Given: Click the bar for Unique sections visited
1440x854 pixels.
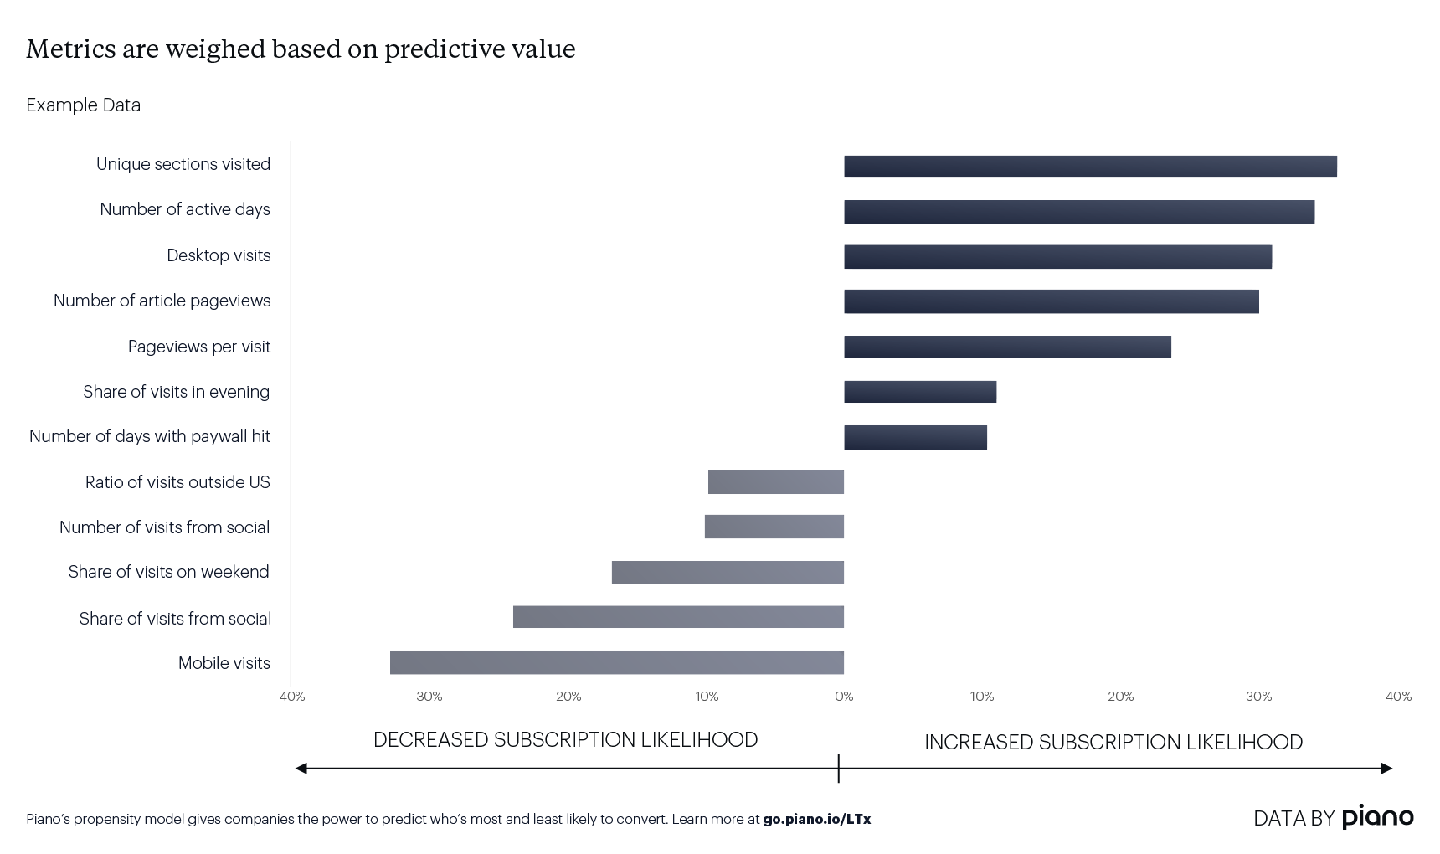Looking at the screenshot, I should point(1090,167).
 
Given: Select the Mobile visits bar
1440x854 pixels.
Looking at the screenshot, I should point(617,662).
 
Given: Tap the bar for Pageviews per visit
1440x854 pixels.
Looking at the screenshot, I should point(1007,347).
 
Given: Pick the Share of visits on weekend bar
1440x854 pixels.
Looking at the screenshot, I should point(728,572).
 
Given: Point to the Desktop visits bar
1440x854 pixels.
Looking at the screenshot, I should point(1057,257).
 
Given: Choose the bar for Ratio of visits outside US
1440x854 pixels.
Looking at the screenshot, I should point(776,482).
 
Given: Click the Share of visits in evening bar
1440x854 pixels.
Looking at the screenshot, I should point(920,392).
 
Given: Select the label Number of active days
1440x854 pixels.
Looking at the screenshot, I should point(185,209).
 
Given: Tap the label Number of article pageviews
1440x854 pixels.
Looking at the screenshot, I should point(162,301).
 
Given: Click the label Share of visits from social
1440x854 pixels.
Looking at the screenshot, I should point(175,619).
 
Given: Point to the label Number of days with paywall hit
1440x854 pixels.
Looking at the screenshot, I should point(150,436).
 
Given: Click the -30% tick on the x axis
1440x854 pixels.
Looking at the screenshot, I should point(427,697).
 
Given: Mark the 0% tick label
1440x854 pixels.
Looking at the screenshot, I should point(844,697).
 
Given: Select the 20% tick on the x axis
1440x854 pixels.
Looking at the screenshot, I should point(1120,697).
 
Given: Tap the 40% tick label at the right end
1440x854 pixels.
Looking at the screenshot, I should point(1398,697).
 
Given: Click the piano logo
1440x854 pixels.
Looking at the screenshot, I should point(1377,817).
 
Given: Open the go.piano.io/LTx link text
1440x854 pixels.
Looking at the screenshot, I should point(816,819).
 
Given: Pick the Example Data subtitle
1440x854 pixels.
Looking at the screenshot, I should point(83,105).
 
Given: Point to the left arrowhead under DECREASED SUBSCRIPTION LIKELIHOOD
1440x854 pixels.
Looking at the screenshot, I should point(301,768).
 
